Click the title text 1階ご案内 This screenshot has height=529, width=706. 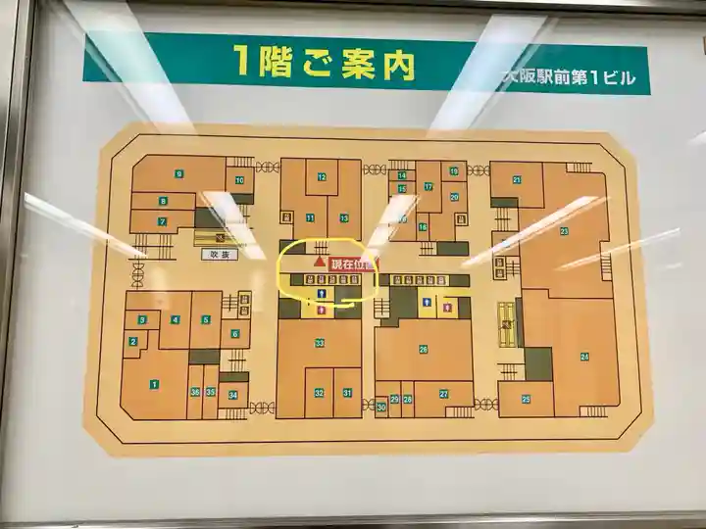pos(325,63)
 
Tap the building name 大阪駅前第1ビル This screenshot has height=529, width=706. pos(570,77)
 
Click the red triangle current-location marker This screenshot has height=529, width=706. pos(319,263)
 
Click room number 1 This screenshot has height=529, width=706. pos(154,384)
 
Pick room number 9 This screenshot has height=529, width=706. pos(179,173)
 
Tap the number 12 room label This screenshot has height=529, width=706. pos(321,176)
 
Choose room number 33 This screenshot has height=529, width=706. pos(320,343)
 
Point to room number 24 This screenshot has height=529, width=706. pos(584,357)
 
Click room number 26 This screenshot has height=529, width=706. pos(424,349)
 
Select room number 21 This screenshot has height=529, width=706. pos(516,180)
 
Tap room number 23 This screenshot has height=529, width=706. pos(564,231)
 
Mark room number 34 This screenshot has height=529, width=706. pos(233,395)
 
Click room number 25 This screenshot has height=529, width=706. pos(526,399)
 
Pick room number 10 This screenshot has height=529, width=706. pos(239,180)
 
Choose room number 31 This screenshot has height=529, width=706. pos(347,392)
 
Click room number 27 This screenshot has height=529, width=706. pos(443,394)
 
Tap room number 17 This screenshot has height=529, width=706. pos(429,186)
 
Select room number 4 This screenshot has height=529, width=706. pos(176,319)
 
